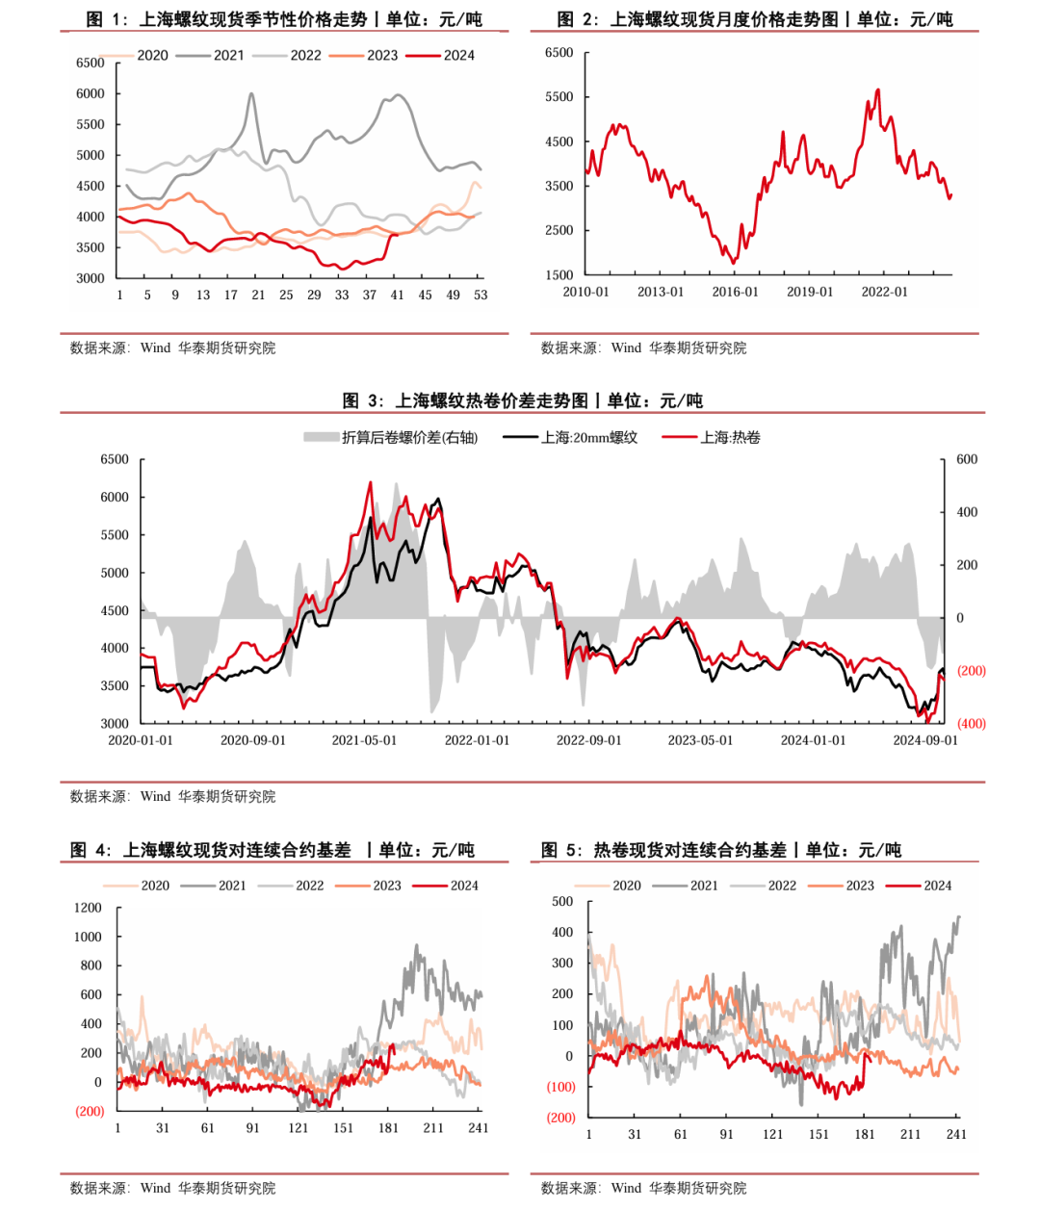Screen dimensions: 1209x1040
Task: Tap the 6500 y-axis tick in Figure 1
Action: (x=90, y=63)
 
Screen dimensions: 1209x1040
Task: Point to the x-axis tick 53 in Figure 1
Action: (x=481, y=295)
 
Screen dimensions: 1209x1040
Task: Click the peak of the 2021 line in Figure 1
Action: (x=251, y=93)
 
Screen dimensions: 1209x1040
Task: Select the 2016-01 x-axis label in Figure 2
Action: (x=735, y=292)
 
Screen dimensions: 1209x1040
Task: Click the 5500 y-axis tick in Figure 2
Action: (x=559, y=97)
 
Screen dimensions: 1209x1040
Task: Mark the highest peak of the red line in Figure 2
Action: (x=877, y=90)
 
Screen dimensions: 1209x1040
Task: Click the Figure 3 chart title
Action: (x=522, y=400)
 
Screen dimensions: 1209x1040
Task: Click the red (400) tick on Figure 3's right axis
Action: (x=971, y=723)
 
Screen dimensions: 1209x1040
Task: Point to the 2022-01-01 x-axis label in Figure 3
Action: (x=477, y=740)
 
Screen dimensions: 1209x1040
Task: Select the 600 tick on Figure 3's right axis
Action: (x=967, y=459)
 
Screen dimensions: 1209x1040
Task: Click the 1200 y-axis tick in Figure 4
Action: (x=88, y=908)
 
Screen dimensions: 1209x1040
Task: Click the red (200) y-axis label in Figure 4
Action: (x=90, y=1111)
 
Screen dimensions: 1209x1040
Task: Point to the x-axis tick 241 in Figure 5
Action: (x=956, y=1134)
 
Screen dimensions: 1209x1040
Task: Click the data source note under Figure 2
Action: (x=643, y=347)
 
